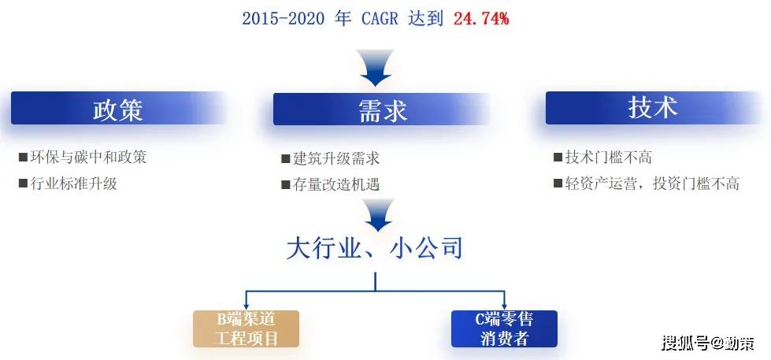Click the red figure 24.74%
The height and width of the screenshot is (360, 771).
[x=481, y=19]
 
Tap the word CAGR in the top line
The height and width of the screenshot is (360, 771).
[x=380, y=19]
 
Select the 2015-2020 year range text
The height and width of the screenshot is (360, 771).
[x=284, y=19]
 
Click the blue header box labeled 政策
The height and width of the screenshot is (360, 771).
[x=118, y=108]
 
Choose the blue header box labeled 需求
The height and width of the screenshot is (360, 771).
[x=382, y=109]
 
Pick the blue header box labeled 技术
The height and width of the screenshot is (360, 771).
[x=653, y=108]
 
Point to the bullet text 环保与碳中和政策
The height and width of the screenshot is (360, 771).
[x=88, y=157]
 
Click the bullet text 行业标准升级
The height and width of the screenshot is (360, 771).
[x=74, y=184]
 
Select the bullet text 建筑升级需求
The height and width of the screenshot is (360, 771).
[x=335, y=158]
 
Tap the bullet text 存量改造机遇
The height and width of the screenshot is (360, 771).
[x=335, y=184]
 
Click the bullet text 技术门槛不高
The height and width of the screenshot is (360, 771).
[x=609, y=158]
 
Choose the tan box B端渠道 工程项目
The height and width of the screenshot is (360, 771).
[x=246, y=328]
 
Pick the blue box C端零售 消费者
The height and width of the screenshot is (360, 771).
[x=504, y=328]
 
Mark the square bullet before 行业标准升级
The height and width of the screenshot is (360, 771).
[x=23, y=184]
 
